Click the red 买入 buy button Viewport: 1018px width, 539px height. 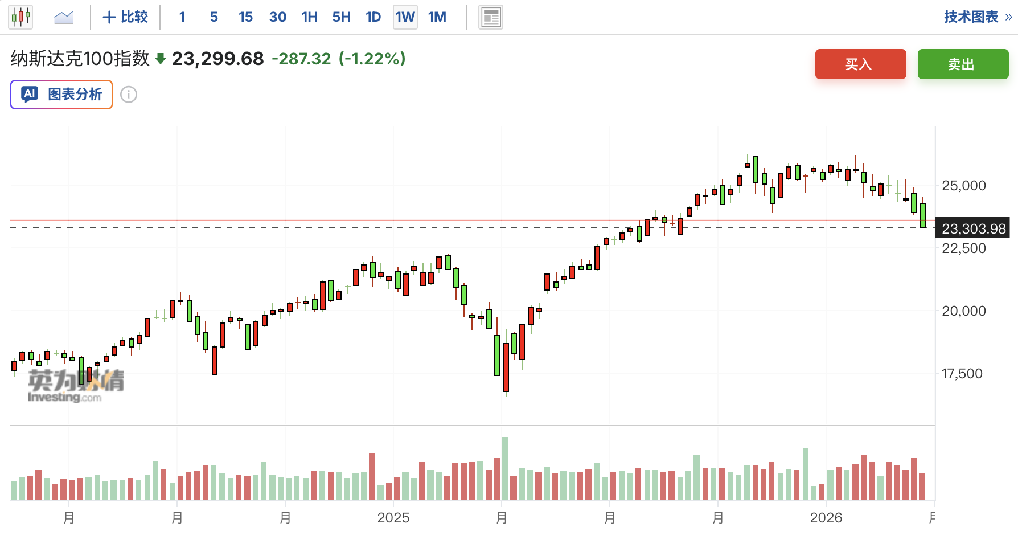[860, 64]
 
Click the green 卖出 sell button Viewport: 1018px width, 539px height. [963, 64]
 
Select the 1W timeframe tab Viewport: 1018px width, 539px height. [405, 17]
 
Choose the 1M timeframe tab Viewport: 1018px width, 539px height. [437, 17]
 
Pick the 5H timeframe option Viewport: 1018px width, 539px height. [341, 17]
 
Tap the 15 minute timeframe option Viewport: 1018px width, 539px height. [245, 17]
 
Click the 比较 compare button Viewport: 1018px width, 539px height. [125, 17]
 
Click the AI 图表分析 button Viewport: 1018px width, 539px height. [61, 95]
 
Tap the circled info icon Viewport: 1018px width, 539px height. [129, 95]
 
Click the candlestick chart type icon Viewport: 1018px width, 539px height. [20, 17]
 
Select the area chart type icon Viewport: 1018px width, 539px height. [64, 17]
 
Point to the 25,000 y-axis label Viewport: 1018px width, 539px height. [963, 186]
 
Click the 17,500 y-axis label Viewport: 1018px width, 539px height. [962, 374]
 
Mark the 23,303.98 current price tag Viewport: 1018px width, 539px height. [973, 228]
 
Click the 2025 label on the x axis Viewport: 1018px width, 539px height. [393, 518]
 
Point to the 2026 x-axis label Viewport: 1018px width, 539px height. [826, 518]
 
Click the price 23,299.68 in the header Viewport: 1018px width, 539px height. [217, 59]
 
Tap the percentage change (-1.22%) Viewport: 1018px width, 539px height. [372, 59]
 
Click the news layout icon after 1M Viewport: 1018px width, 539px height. [490, 17]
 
